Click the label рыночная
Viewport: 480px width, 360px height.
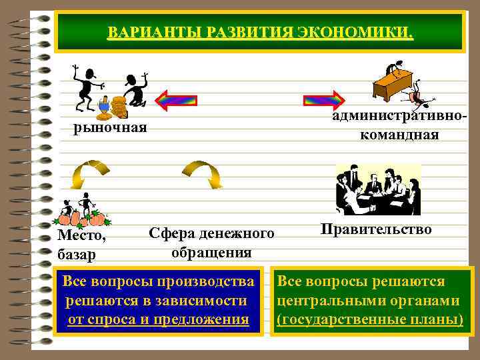pyautogui.click(x=110, y=127)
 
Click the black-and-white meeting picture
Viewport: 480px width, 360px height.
pyautogui.click(x=377, y=189)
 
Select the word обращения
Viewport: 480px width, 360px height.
pyautogui.click(x=211, y=253)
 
